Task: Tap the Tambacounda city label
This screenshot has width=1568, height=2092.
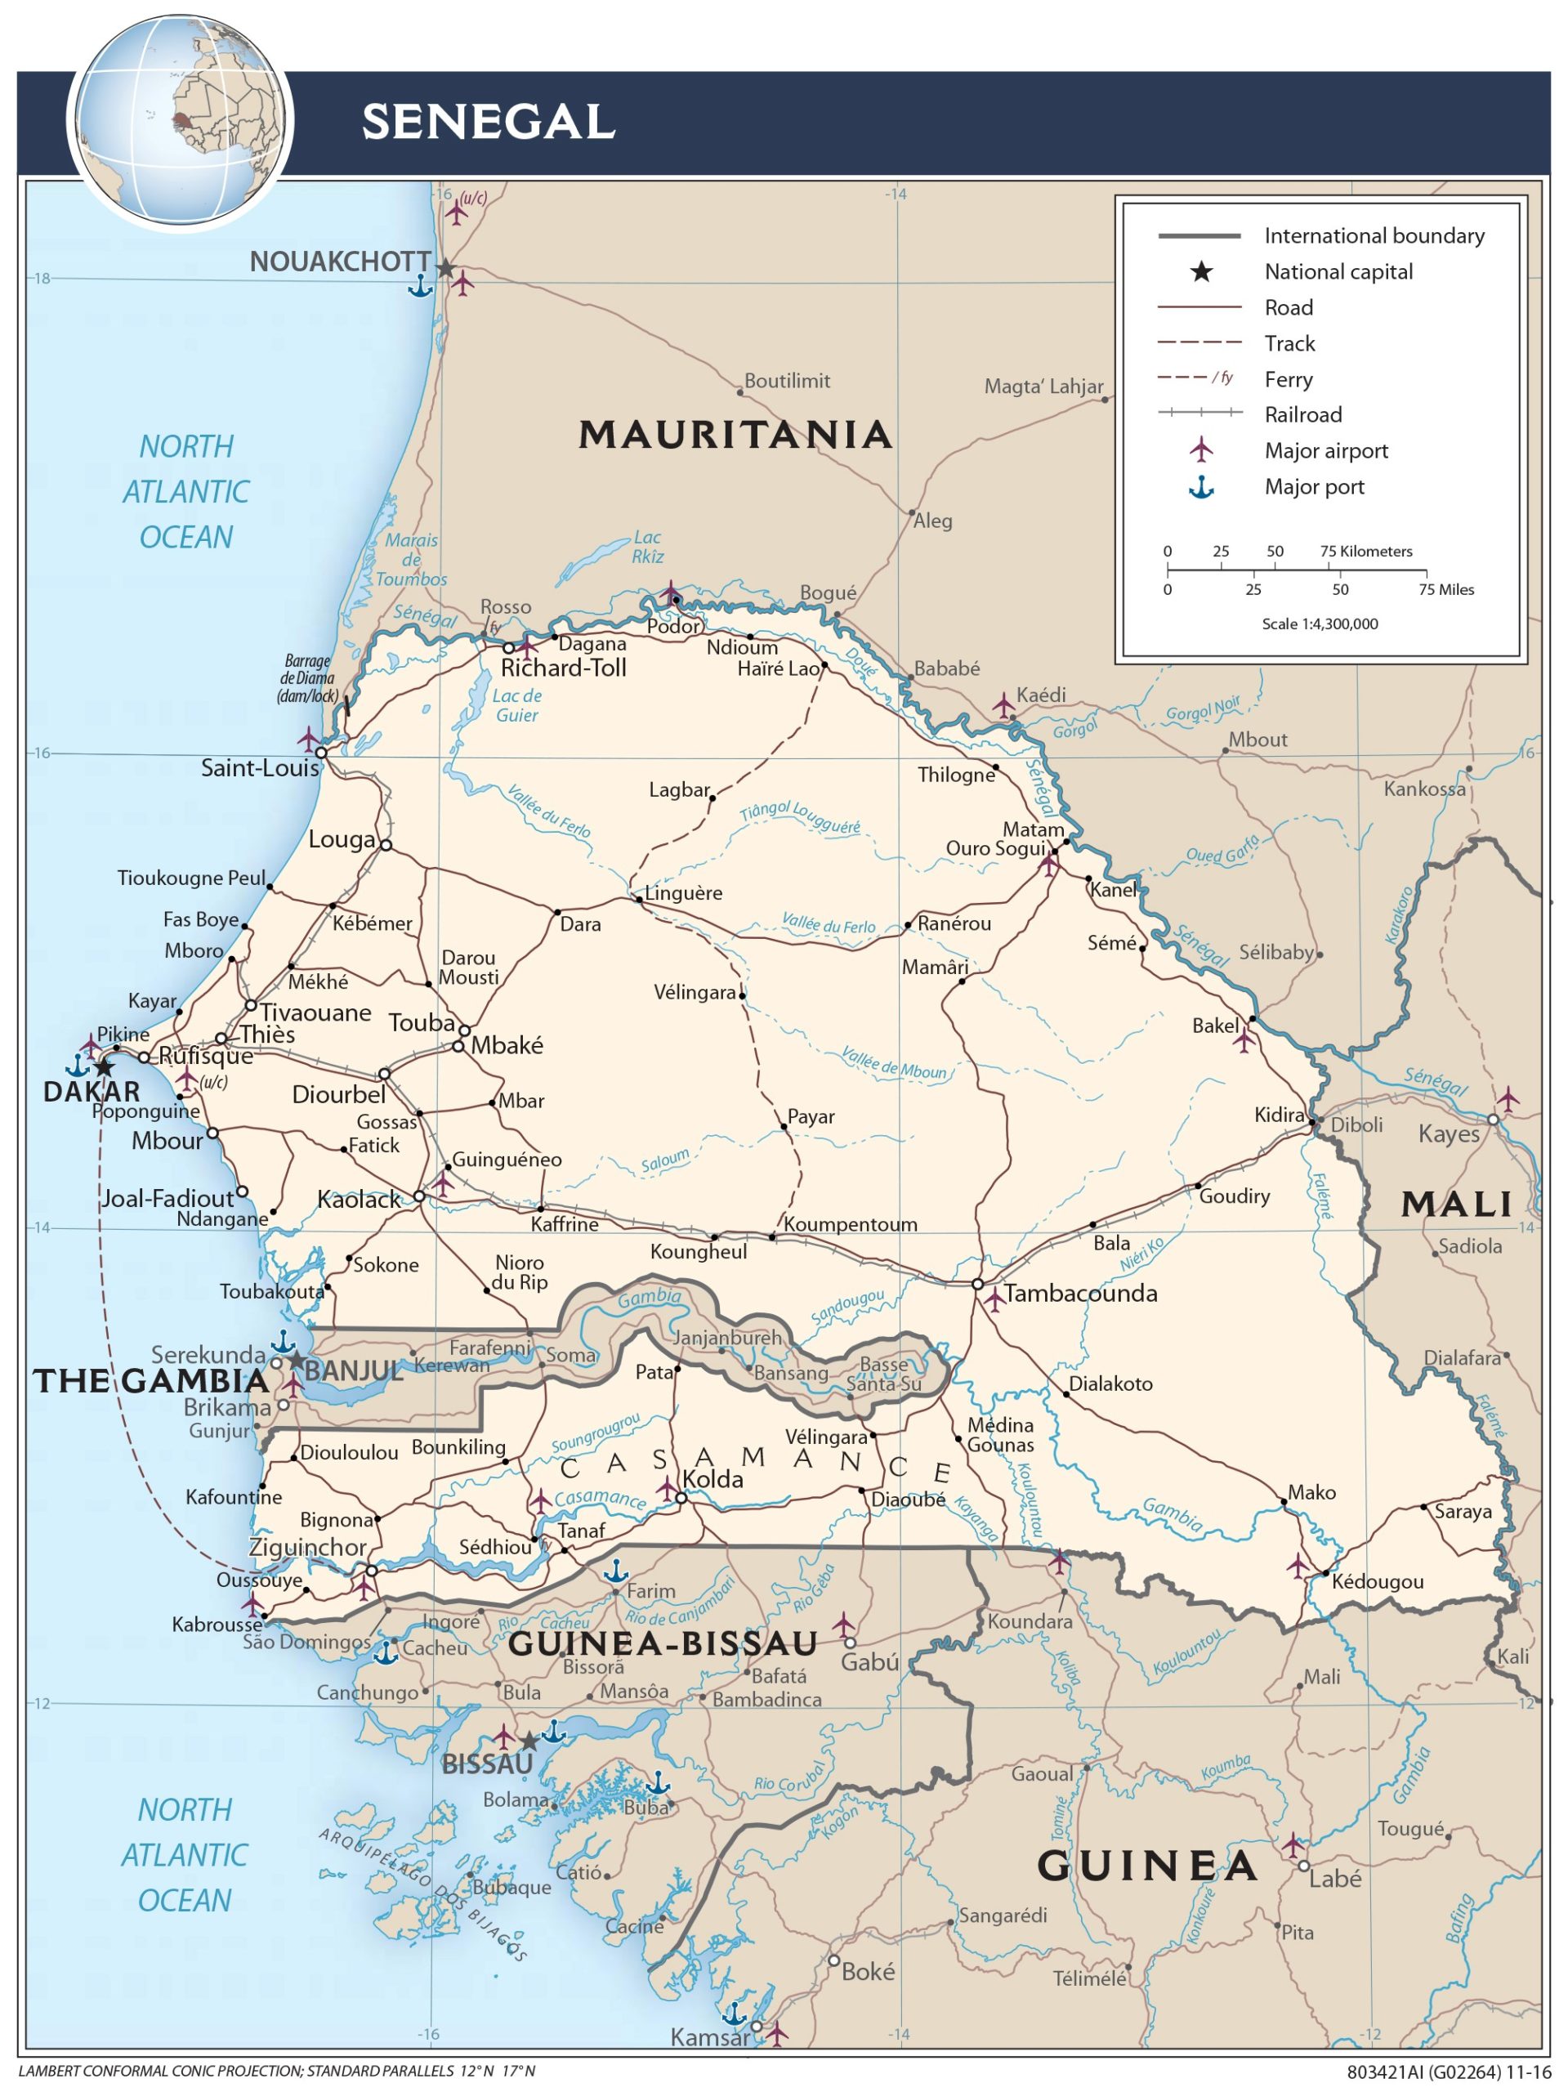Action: point(1080,1293)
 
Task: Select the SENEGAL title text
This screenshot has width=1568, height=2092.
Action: point(488,123)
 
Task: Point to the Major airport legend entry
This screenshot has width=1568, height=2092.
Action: point(1326,451)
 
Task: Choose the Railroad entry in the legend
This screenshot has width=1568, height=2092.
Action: point(1302,414)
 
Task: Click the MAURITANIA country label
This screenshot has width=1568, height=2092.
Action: point(735,435)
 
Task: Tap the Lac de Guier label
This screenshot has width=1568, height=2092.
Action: point(516,705)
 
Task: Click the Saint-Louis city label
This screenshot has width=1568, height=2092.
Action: point(259,768)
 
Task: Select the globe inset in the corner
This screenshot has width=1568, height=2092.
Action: point(180,120)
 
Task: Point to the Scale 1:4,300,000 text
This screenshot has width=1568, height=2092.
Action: point(1320,624)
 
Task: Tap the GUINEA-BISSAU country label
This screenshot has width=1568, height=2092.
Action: point(662,1643)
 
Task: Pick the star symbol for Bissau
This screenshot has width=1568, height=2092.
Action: point(529,1742)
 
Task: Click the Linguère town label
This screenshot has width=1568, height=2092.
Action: point(683,893)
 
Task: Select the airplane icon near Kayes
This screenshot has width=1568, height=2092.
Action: point(1507,1099)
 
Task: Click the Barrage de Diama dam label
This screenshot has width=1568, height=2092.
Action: point(306,678)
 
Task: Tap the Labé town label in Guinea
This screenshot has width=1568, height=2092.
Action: point(1334,1880)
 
